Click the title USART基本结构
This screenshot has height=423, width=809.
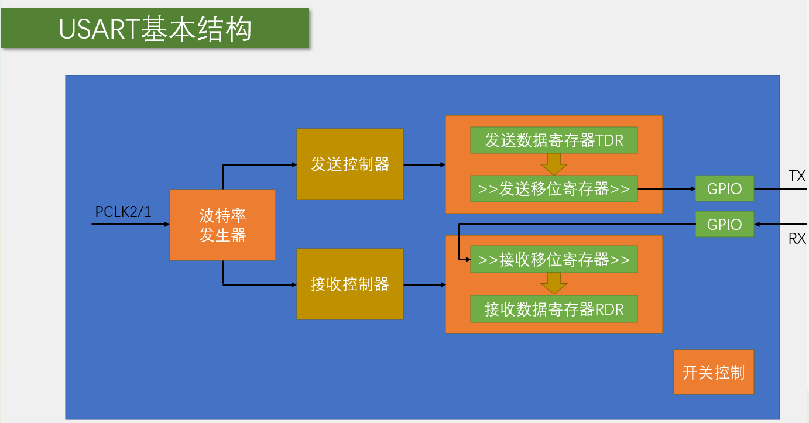pos(155,28)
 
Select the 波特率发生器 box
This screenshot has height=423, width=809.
pos(222,225)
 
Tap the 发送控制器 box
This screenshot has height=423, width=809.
pos(350,164)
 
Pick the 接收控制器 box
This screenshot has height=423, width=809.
pos(350,284)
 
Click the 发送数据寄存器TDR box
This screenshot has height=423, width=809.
pos(554,141)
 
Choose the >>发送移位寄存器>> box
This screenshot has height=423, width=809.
pos(554,189)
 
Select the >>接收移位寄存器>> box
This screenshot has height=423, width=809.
pos(554,260)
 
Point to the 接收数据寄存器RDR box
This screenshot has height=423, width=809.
pos(554,309)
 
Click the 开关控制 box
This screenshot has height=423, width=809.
pos(714,372)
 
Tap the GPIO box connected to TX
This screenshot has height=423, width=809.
pos(724,189)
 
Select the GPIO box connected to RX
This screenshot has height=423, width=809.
pos(724,224)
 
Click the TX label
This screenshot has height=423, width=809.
pos(797,176)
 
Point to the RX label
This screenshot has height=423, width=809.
pos(797,239)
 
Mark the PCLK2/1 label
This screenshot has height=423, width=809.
pos(123,212)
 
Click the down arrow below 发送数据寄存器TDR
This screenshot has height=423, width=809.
pos(554,164)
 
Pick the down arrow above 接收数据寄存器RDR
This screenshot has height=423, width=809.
pos(554,284)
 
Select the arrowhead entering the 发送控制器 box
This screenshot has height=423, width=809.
pos(294,165)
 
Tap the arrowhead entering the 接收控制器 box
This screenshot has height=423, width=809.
pos(294,285)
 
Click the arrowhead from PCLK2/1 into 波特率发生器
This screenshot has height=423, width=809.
pos(166,225)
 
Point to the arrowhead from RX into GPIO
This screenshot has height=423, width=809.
pos(758,224)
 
